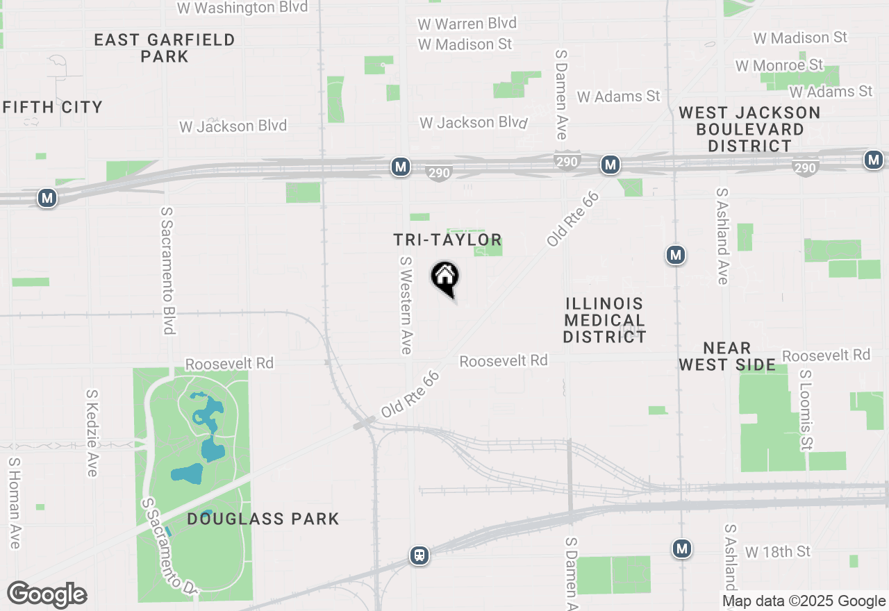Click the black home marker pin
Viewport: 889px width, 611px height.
pyautogui.click(x=445, y=278)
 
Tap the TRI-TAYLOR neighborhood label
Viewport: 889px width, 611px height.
pyautogui.click(x=447, y=240)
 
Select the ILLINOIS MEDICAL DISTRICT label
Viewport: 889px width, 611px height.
pyautogui.click(x=604, y=320)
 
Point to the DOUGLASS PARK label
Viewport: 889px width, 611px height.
pyautogui.click(x=263, y=519)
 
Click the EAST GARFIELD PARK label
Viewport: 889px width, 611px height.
pyautogui.click(x=165, y=48)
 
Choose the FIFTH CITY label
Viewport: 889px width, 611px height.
pyautogui.click(x=53, y=107)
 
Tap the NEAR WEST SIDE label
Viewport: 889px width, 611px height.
pyautogui.click(x=727, y=356)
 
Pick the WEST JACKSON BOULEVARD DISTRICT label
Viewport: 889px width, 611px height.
pyautogui.click(x=749, y=129)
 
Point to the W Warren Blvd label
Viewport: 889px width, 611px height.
pyautogui.click(x=467, y=24)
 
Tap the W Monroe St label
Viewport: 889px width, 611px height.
pyautogui.click(x=779, y=65)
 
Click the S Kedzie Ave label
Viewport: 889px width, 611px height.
pyautogui.click(x=92, y=433)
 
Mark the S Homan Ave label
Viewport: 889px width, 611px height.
pyautogui.click(x=14, y=503)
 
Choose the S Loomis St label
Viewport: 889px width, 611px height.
pyautogui.click(x=806, y=409)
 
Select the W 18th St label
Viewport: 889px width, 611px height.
pyautogui.click(x=778, y=552)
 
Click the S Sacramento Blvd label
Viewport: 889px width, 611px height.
pyautogui.click(x=167, y=270)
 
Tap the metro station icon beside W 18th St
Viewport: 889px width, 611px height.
pyautogui.click(x=682, y=549)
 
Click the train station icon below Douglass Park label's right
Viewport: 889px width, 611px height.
pyautogui.click(x=419, y=555)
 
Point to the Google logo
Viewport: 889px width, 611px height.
pyautogui.click(x=47, y=595)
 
